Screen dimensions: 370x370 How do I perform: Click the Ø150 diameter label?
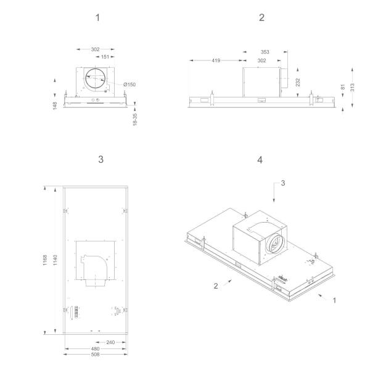129,84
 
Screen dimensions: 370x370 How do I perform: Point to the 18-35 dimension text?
134,119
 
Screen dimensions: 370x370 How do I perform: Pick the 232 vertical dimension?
298,83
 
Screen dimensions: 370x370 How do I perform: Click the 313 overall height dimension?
351,86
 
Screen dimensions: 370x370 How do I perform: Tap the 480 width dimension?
96,348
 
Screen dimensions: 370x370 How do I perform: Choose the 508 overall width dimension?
96,355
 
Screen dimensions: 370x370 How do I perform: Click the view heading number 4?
261,159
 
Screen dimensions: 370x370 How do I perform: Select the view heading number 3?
101,159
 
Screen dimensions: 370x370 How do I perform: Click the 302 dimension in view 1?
95,48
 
